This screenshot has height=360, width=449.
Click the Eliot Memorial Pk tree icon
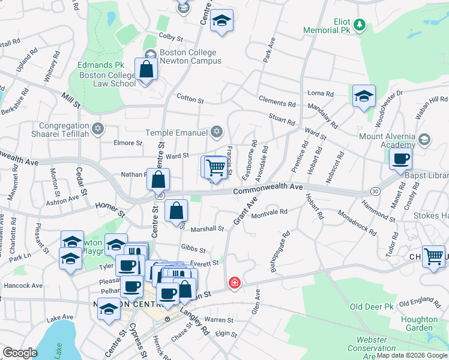click(359, 25)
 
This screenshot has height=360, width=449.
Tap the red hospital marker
click(234, 282)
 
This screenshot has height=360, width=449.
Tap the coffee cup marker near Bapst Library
click(400, 159)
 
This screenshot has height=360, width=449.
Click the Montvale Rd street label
click(270, 212)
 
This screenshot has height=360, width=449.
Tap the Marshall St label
click(207, 229)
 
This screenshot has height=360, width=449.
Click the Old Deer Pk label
click(372, 307)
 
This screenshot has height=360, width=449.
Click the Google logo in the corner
click(20, 352)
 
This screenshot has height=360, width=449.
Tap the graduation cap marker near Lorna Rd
click(364, 97)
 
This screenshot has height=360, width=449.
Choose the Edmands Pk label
click(100, 65)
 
